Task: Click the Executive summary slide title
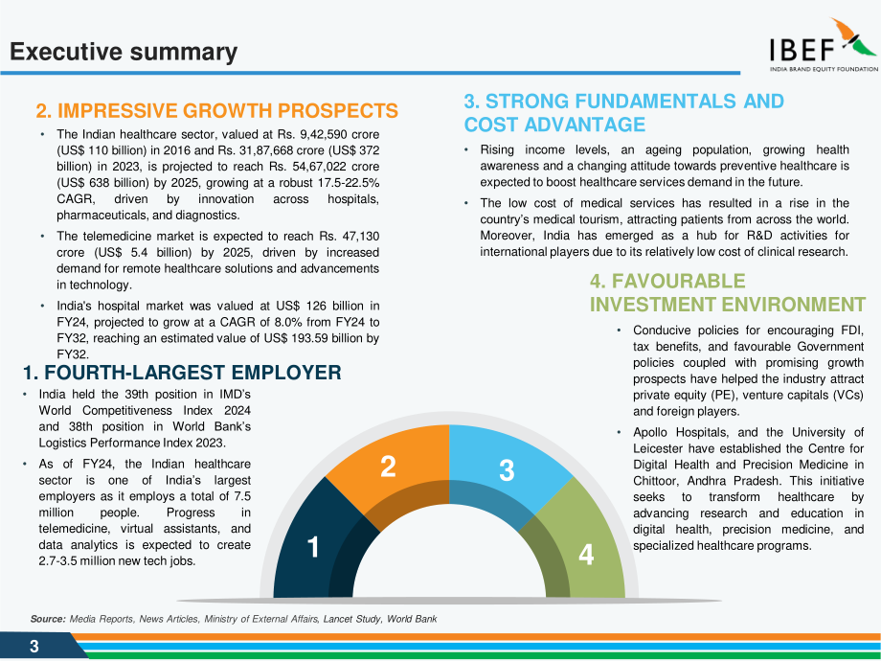(x=124, y=52)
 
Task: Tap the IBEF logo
(x=824, y=45)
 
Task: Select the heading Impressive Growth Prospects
(x=216, y=111)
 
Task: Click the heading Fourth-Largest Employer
(x=182, y=373)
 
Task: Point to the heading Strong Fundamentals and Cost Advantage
(x=623, y=112)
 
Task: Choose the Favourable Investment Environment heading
(x=727, y=293)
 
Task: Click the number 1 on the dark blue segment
(x=313, y=547)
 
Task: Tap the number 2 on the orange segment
(x=388, y=467)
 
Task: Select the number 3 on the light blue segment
(x=507, y=470)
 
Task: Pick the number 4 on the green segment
(x=586, y=555)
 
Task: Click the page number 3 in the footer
(x=34, y=647)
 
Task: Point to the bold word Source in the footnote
(x=48, y=619)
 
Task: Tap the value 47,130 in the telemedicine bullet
(x=358, y=236)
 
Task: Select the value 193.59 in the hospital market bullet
(x=312, y=338)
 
